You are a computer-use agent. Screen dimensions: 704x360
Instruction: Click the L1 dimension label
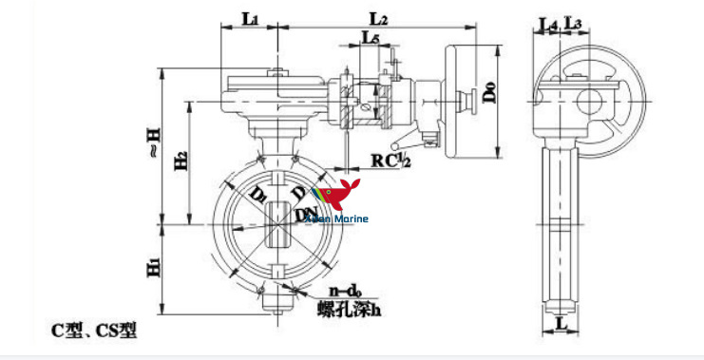click(249, 17)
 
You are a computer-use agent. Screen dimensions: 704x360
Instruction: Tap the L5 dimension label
click(371, 38)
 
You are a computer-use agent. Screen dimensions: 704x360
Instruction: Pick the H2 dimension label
click(181, 162)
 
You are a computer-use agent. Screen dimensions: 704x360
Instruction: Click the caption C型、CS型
click(94, 331)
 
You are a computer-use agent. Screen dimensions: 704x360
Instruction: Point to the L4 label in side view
click(548, 22)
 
